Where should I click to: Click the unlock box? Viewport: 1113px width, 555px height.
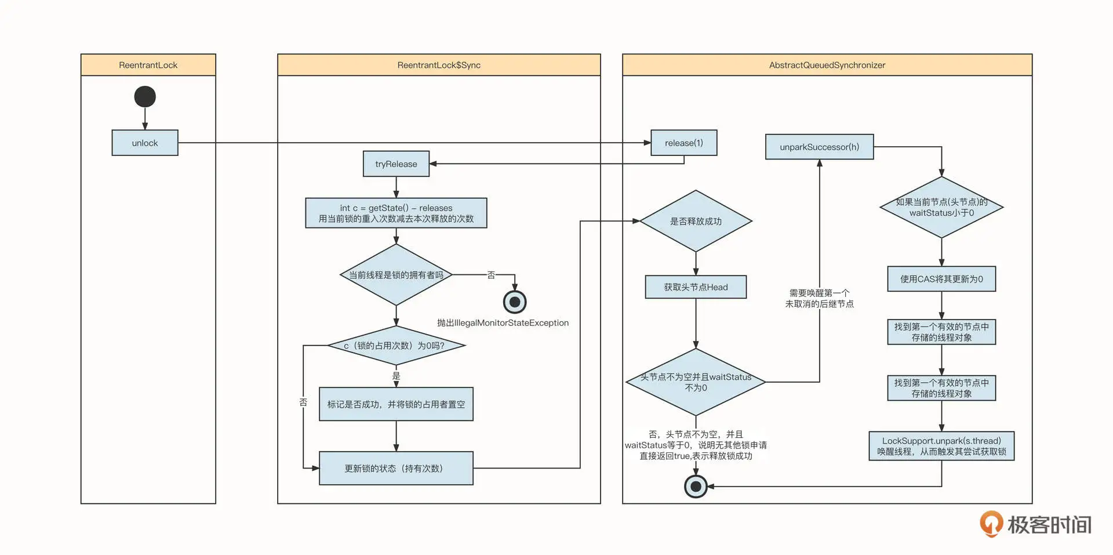pyautogui.click(x=144, y=143)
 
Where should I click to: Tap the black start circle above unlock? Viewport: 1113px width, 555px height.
pyautogui.click(x=145, y=96)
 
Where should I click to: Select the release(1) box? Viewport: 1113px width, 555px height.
pyautogui.click(x=683, y=143)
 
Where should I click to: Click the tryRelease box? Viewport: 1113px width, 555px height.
pyautogui.click(x=396, y=164)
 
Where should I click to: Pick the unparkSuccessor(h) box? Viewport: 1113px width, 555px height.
pyautogui.click(x=819, y=147)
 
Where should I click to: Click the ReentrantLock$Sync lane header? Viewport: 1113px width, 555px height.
pyautogui.click(x=439, y=65)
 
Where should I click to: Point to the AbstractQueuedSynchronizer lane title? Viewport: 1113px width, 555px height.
pyautogui.click(x=827, y=65)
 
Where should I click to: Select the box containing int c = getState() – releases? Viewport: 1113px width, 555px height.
pyautogui.click(x=396, y=213)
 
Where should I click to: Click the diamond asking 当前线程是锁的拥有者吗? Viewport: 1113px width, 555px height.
pyautogui.click(x=396, y=275)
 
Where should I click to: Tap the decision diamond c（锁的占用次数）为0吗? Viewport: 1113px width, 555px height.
pyautogui.click(x=396, y=346)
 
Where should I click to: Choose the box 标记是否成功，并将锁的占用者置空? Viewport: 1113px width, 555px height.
pyautogui.click(x=396, y=404)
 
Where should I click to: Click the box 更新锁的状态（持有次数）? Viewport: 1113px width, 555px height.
pyautogui.click(x=396, y=468)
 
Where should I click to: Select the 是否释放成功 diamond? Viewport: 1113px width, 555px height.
pyautogui.click(x=696, y=221)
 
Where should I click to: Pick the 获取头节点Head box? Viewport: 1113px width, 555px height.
pyautogui.click(x=696, y=287)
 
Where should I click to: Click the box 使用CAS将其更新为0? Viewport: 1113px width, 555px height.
pyautogui.click(x=941, y=279)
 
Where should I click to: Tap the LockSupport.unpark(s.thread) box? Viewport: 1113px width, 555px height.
pyautogui.click(x=941, y=446)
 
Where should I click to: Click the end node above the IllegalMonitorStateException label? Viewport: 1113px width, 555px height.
pyautogui.click(x=515, y=302)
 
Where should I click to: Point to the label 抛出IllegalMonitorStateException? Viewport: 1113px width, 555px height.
pyautogui.click(x=503, y=323)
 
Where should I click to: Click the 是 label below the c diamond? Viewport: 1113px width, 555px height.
pyautogui.click(x=396, y=376)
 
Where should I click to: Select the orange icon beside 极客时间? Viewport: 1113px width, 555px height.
pyautogui.click(x=991, y=524)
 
